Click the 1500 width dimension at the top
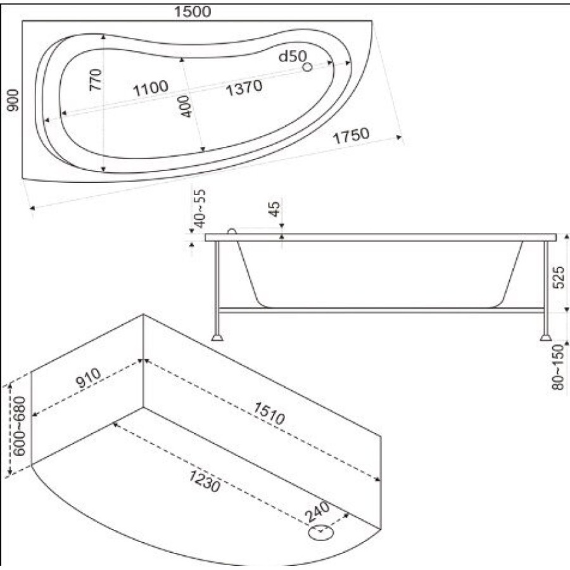tap(193, 11)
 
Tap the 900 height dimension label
tap(13, 100)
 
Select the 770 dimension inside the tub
tap(96, 80)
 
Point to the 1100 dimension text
tap(151, 88)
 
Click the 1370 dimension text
tap(244, 87)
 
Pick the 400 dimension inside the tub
tap(185, 106)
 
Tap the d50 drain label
tap(293, 56)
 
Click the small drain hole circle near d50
tap(308, 67)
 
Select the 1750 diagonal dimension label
tap(351, 136)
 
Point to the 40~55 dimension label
tap(199, 208)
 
